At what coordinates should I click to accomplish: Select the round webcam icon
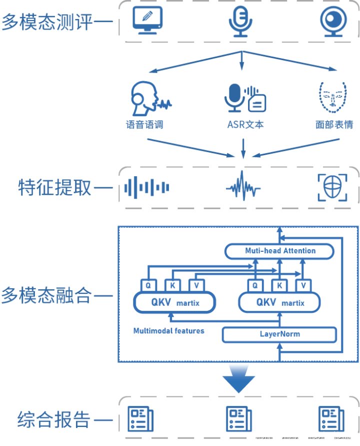(332, 20)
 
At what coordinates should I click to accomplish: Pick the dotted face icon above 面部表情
(332, 97)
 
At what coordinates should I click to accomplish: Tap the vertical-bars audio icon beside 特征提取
(146, 188)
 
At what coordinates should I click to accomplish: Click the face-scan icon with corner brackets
(332, 188)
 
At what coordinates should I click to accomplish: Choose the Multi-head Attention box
(279, 251)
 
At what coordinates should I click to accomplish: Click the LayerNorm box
(279, 334)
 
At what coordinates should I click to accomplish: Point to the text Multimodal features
(169, 331)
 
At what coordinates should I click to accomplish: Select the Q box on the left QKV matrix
(148, 285)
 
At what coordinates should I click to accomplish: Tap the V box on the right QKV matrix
(303, 285)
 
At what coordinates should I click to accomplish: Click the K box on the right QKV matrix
(279, 285)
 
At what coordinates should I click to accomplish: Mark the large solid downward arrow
(238, 379)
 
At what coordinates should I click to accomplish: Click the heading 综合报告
(53, 419)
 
